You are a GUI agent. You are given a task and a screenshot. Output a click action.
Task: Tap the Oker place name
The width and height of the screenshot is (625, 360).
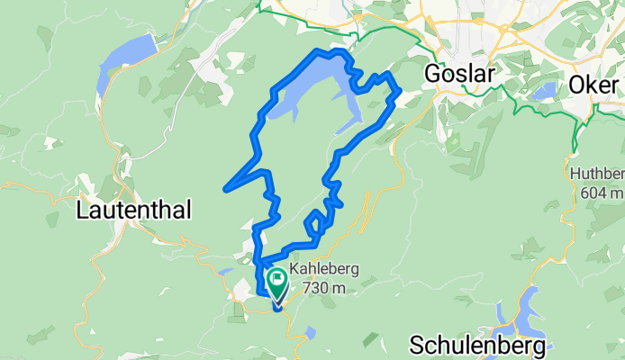[596, 85]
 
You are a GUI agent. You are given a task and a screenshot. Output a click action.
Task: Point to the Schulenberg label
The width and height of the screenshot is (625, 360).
[477, 345]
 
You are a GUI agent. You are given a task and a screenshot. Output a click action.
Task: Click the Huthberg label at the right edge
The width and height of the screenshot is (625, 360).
[597, 174]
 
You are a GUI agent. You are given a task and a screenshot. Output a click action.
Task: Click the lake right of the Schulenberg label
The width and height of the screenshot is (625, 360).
[524, 310]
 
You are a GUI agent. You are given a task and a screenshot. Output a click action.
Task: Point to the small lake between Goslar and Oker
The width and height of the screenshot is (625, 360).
[545, 92]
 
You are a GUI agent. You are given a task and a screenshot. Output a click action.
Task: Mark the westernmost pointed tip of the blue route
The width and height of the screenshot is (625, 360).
[225, 187]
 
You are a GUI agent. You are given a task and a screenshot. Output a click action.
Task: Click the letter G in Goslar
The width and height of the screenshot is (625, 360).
[434, 75]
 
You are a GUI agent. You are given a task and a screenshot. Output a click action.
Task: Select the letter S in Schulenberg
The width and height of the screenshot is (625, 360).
[418, 345]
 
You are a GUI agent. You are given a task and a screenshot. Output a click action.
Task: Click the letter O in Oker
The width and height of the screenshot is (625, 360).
[578, 85]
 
